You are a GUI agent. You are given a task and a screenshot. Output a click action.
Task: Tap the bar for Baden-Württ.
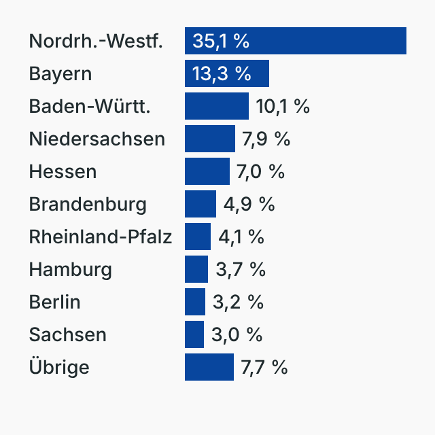(217, 106)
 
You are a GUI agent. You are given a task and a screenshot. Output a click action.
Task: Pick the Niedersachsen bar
(210, 139)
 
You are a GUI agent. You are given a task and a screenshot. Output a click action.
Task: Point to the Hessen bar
(207, 171)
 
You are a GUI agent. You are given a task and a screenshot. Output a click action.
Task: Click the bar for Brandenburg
(201, 204)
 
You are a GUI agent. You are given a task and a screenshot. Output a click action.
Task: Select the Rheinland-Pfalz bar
(198, 237)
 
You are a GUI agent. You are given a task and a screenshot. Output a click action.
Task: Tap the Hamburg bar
(196, 269)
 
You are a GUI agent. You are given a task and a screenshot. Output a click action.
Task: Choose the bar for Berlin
(195, 302)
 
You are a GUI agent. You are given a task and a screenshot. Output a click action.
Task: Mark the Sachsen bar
(194, 334)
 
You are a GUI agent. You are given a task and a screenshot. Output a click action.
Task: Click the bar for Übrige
(209, 367)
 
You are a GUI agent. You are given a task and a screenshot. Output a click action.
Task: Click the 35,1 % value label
(221, 41)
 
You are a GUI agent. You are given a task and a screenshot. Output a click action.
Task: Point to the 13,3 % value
(222, 73)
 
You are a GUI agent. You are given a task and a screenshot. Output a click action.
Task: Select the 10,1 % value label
(283, 106)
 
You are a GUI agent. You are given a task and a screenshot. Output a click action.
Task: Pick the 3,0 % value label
(237, 334)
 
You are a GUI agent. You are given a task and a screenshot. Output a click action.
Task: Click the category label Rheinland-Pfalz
(100, 237)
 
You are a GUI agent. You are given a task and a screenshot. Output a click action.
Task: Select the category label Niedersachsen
(97, 139)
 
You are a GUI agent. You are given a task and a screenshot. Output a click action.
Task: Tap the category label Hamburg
(70, 269)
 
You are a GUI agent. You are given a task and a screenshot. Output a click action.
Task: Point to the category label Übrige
(59, 367)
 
